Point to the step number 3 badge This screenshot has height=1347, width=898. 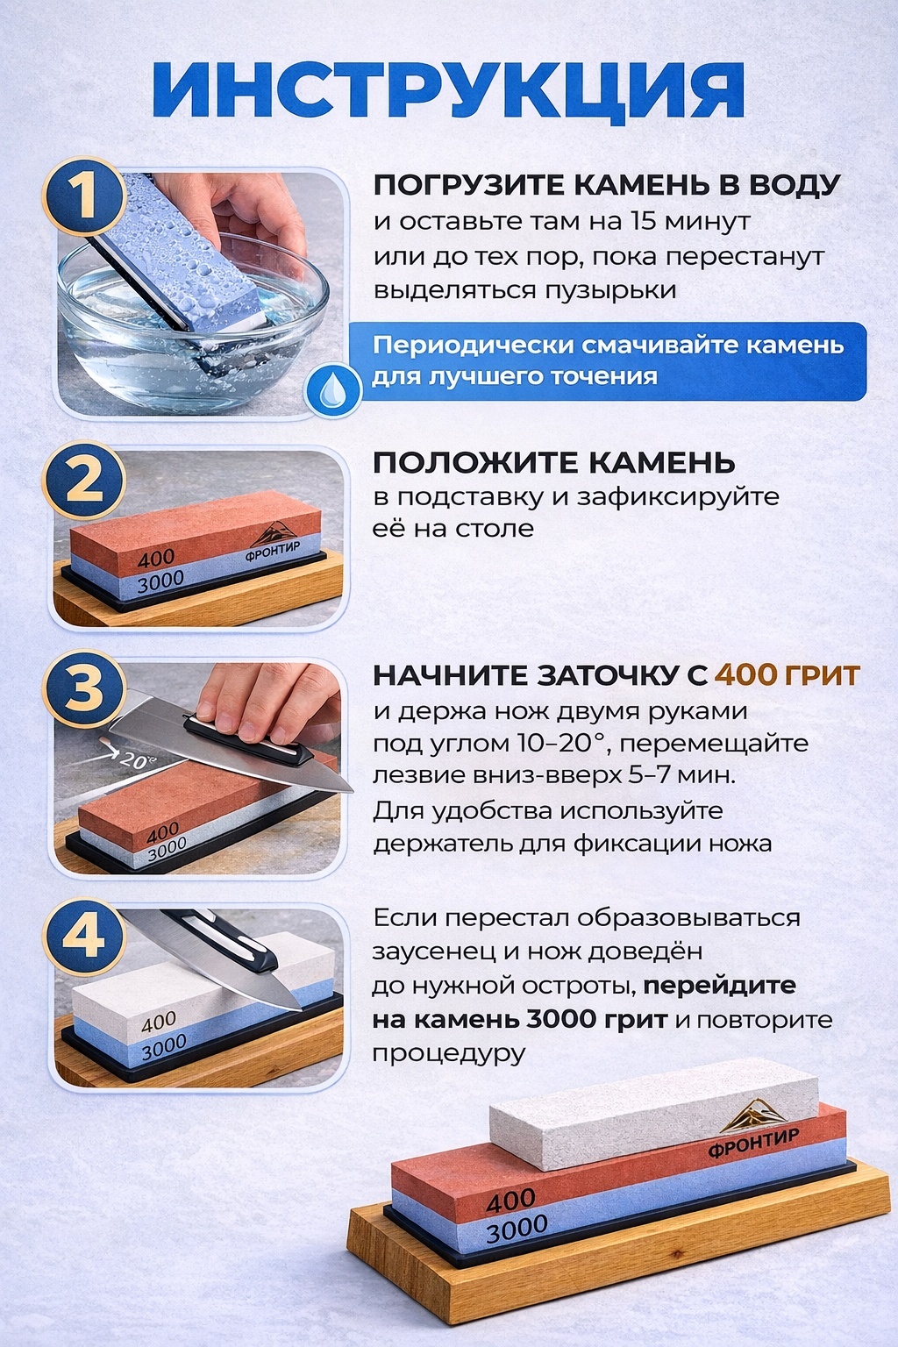coord(83,688)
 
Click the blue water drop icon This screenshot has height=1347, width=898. coord(331,393)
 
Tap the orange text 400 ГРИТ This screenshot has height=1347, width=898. coord(788,675)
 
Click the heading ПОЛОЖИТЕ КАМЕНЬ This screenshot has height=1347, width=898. coord(554,463)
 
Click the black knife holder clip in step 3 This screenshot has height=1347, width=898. coord(246,738)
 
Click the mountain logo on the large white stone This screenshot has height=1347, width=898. coord(753,1115)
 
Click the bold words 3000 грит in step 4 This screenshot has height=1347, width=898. coord(596,1020)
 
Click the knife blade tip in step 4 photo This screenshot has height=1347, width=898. coord(298,1009)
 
